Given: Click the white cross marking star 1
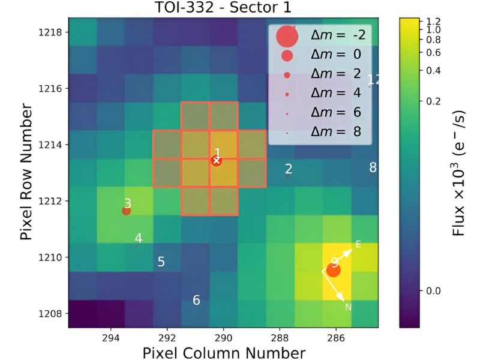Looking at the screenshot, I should tap(217, 160).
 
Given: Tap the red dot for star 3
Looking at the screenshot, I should tap(126, 211).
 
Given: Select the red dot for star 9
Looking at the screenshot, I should tap(334, 270).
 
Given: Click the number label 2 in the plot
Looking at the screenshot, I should tap(289, 169).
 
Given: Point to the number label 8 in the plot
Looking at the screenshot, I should tap(373, 167).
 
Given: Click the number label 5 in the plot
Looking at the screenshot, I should tap(161, 262).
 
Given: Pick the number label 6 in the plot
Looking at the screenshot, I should tap(196, 300).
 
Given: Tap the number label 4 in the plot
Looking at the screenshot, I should tap(139, 238).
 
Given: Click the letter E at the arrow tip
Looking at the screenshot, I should tap(358, 244).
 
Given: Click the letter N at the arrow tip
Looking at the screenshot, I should tap(348, 307).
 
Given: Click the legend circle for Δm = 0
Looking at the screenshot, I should tap(287, 56).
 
